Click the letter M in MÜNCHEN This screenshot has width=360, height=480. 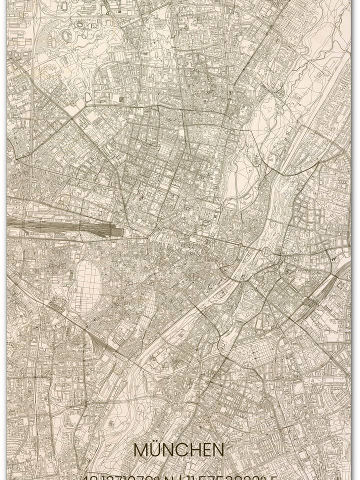click(141, 450)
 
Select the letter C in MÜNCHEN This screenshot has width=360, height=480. click(183, 450)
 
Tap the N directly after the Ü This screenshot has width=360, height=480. click(170, 450)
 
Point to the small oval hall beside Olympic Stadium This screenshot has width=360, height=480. click(79, 23)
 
